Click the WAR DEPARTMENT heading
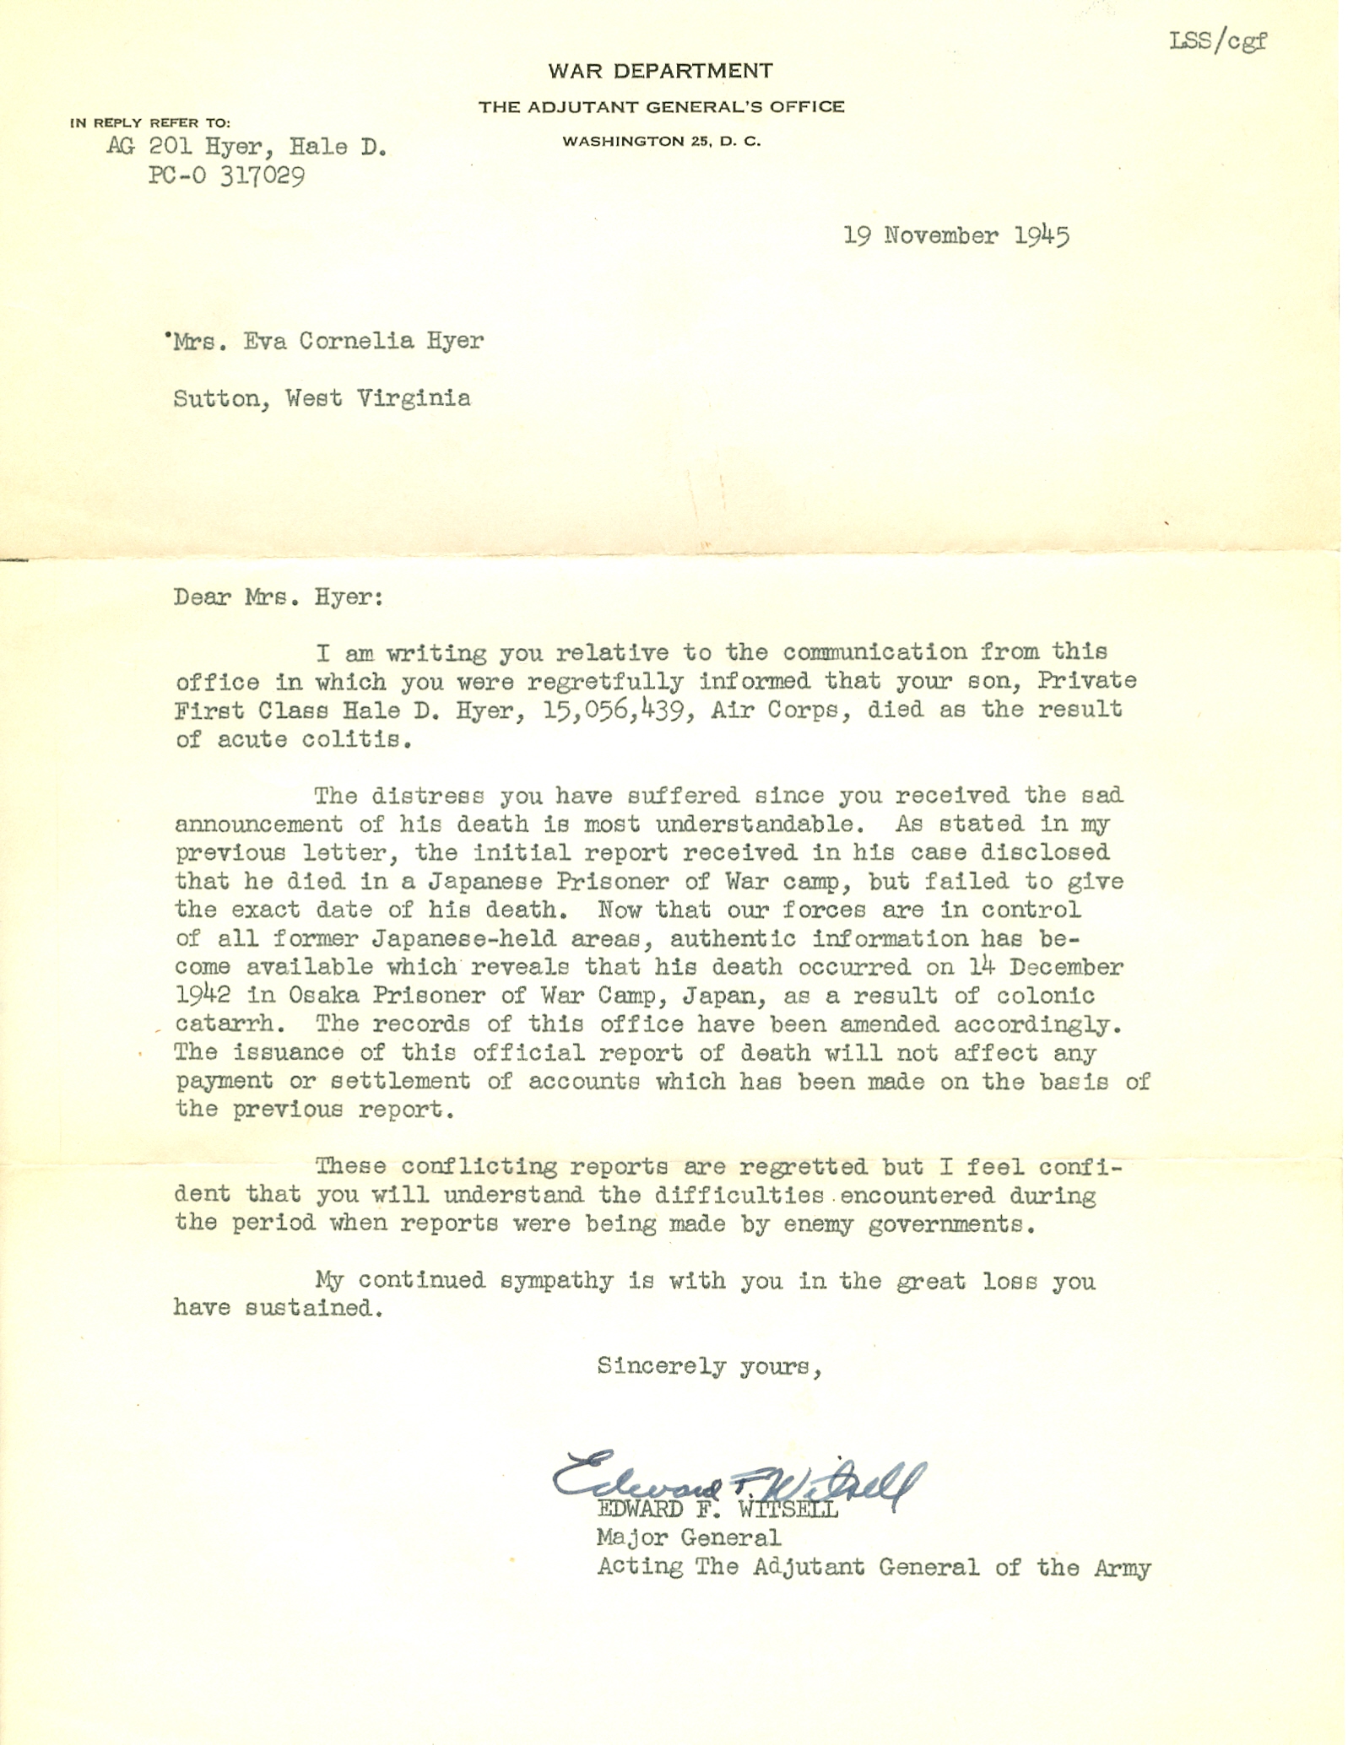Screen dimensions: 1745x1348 point(660,71)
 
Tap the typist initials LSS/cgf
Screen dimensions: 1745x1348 point(1217,41)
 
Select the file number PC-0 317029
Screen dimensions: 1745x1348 point(226,176)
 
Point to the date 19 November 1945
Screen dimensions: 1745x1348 point(956,235)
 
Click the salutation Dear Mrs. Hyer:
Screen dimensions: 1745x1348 point(279,597)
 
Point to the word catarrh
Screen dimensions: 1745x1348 point(225,1024)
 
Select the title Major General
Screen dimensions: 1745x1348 point(689,1538)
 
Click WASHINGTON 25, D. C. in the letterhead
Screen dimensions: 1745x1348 point(662,142)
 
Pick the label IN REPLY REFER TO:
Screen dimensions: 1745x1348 point(150,123)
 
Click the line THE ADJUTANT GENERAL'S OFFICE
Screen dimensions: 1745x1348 point(662,107)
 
